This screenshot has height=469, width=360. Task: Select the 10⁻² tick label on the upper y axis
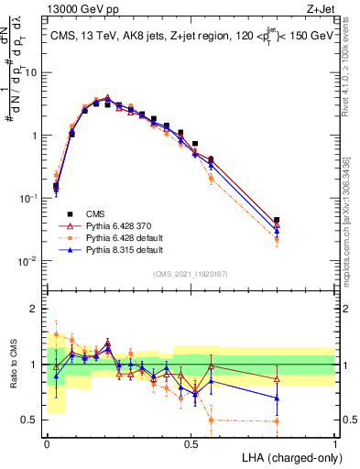click(30, 261)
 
